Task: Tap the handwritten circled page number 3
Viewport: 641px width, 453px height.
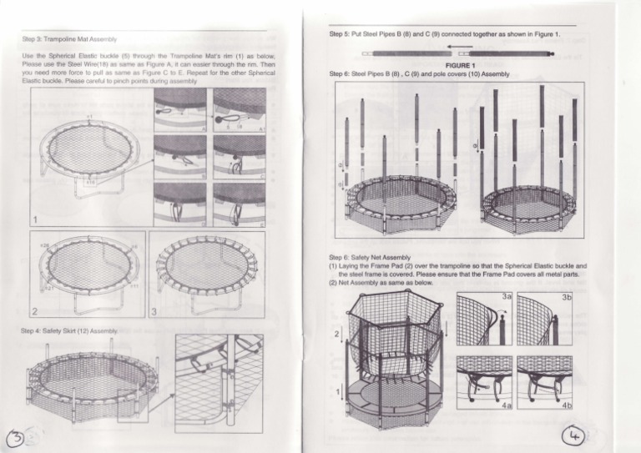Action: point(17,435)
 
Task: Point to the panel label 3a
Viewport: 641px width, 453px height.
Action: point(506,296)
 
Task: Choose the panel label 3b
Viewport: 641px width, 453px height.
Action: point(566,296)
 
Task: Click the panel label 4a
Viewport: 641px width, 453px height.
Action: point(506,406)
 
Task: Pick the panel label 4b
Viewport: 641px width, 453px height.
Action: point(566,406)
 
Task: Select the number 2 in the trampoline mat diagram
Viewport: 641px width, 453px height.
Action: point(36,310)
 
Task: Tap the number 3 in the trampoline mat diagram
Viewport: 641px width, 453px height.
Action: point(155,310)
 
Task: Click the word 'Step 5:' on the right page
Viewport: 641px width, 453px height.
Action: point(341,34)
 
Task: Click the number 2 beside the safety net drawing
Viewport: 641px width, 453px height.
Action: point(337,335)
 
